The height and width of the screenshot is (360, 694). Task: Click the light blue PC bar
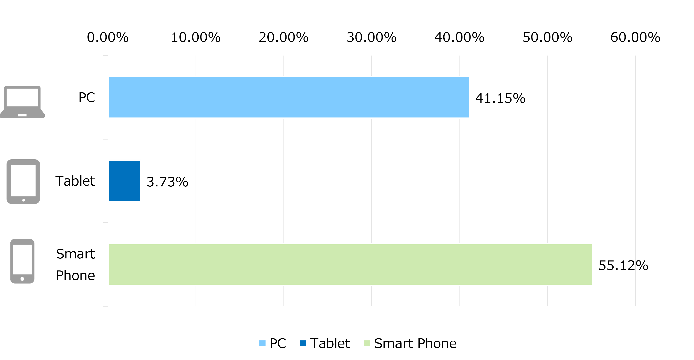click(289, 97)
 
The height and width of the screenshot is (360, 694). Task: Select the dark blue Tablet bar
click(124, 181)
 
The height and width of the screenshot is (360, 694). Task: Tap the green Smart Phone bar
click(350, 265)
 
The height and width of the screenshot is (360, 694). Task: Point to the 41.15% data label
click(500, 98)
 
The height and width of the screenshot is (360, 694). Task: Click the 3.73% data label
click(167, 182)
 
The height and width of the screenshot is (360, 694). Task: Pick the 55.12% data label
click(623, 266)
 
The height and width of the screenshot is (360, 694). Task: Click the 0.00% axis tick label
click(108, 38)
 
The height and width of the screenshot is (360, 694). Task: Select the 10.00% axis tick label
click(196, 38)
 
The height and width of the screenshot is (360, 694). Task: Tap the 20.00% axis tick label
click(284, 38)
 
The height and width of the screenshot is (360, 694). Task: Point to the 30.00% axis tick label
click(372, 38)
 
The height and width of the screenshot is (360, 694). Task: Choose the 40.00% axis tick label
click(459, 38)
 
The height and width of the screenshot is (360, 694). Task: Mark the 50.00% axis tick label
click(547, 38)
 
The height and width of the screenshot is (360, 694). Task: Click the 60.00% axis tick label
click(635, 38)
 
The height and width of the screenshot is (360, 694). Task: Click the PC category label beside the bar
click(87, 97)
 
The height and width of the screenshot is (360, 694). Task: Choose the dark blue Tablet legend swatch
click(303, 343)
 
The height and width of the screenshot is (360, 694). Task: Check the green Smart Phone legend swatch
click(367, 343)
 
